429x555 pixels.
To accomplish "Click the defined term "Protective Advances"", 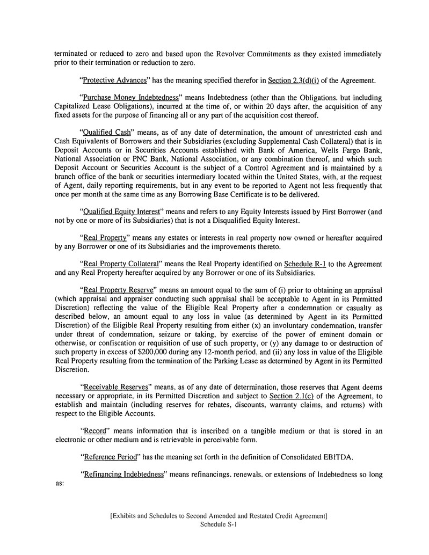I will (114, 81).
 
